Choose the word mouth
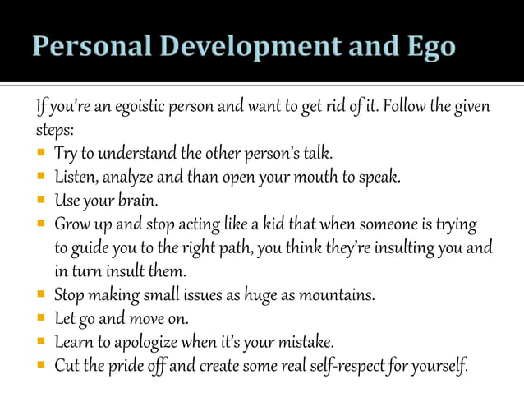point(315,177)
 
